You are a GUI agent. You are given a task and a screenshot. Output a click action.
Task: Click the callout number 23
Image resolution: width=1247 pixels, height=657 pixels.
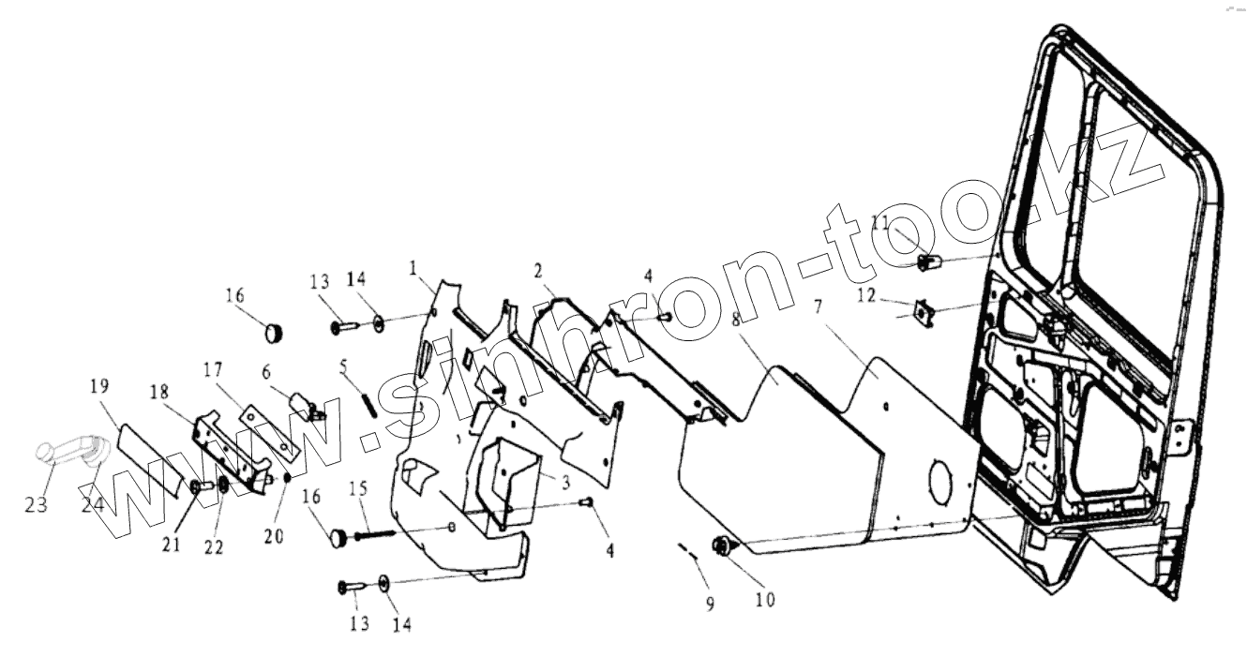(x=36, y=504)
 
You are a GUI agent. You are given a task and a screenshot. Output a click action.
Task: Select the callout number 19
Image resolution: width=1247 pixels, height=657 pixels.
(x=100, y=386)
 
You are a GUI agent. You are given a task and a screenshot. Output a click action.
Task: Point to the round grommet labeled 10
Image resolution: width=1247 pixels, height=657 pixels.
(x=724, y=545)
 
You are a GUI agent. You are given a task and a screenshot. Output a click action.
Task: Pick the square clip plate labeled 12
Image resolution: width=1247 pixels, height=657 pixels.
(x=924, y=310)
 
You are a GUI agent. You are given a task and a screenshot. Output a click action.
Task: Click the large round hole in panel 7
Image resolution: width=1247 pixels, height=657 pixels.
(x=943, y=481)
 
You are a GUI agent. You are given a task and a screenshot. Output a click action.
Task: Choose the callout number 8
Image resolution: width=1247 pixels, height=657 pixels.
(x=737, y=319)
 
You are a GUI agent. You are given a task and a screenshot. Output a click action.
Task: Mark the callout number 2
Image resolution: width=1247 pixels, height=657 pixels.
(x=538, y=271)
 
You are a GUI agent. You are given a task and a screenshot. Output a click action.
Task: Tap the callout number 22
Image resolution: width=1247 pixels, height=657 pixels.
(x=215, y=546)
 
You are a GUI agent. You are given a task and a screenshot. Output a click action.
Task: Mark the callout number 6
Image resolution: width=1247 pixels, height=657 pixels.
(x=267, y=371)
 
